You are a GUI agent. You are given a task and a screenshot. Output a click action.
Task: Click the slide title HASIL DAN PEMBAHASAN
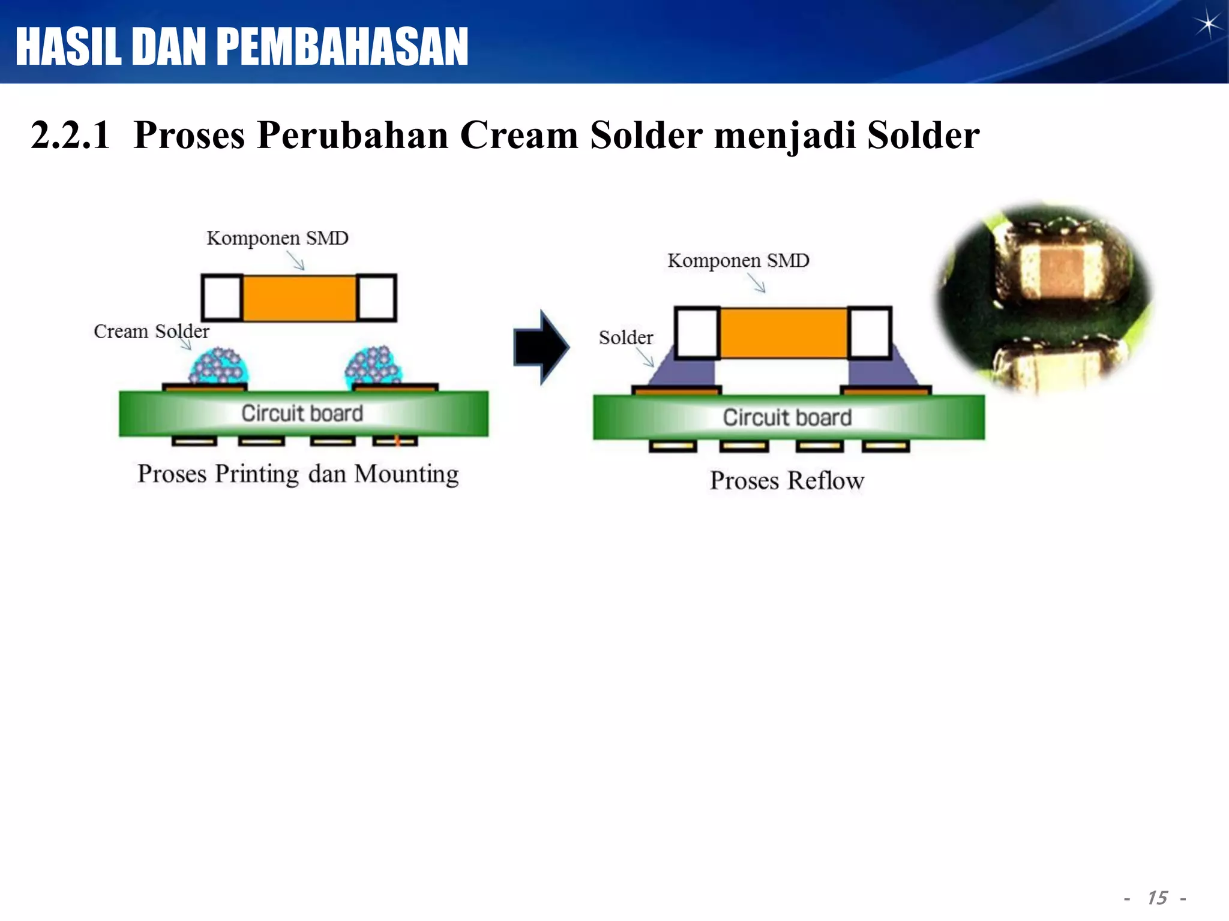pos(242,47)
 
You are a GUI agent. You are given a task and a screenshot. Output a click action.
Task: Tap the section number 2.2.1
pos(71,135)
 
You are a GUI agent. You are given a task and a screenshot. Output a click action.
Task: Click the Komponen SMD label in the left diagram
pos(277,238)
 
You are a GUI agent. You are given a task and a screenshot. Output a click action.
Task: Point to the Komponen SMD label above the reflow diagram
pos(738,261)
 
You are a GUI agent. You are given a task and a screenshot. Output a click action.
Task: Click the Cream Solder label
pos(151,331)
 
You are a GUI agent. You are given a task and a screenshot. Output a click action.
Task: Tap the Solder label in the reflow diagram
pos(625,338)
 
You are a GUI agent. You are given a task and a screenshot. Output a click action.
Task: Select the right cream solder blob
pos(373,365)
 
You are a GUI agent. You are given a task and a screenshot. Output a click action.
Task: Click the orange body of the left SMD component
pos(299,298)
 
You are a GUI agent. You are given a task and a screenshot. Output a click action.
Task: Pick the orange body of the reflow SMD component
pos(783,333)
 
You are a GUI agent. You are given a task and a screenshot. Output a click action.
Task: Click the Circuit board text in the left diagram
pos(302,413)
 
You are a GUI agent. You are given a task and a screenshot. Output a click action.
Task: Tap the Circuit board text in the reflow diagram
pos(787,417)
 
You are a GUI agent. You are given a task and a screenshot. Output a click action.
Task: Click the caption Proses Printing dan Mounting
pos(298,474)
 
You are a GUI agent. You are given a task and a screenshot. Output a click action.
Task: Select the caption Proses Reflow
pos(787,480)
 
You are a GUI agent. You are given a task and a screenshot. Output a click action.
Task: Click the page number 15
pos(1157,898)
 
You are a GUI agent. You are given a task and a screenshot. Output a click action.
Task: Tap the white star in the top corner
pos(1207,25)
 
